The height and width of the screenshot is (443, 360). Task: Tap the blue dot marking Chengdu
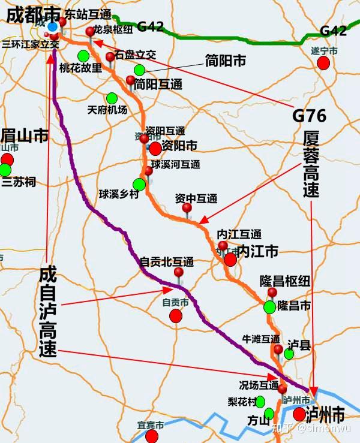(x=53, y=27)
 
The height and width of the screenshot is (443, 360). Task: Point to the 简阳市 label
(x=226, y=61)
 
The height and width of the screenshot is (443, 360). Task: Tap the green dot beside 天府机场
(x=112, y=98)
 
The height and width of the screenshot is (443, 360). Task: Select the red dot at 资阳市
(x=155, y=147)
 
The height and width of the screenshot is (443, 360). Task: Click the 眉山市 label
(x=25, y=135)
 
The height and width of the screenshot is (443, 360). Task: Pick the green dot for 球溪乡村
(x=139, y=184)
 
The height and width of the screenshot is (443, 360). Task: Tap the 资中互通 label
(x=196, y=198)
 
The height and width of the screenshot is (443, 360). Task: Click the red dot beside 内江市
(x=230, y=259)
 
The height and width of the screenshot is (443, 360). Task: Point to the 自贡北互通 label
(x=166, y=262)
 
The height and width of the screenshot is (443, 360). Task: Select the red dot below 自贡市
(x=176, y=315)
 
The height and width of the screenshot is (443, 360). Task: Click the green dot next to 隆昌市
(x=269, y=307)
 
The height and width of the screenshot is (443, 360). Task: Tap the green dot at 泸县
(x=289, y=354)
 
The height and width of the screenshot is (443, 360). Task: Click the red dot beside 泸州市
(x=299, y=414)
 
